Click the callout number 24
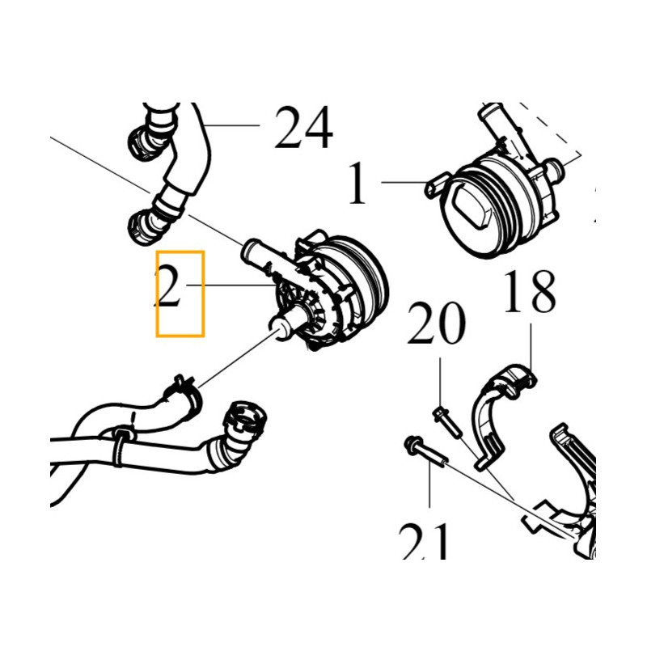pos(304,127)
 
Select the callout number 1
pos(357,183)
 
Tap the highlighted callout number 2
pos(169,285)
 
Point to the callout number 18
pos(530,292)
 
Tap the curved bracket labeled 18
pos(501,416)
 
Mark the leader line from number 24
pos(232,125)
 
